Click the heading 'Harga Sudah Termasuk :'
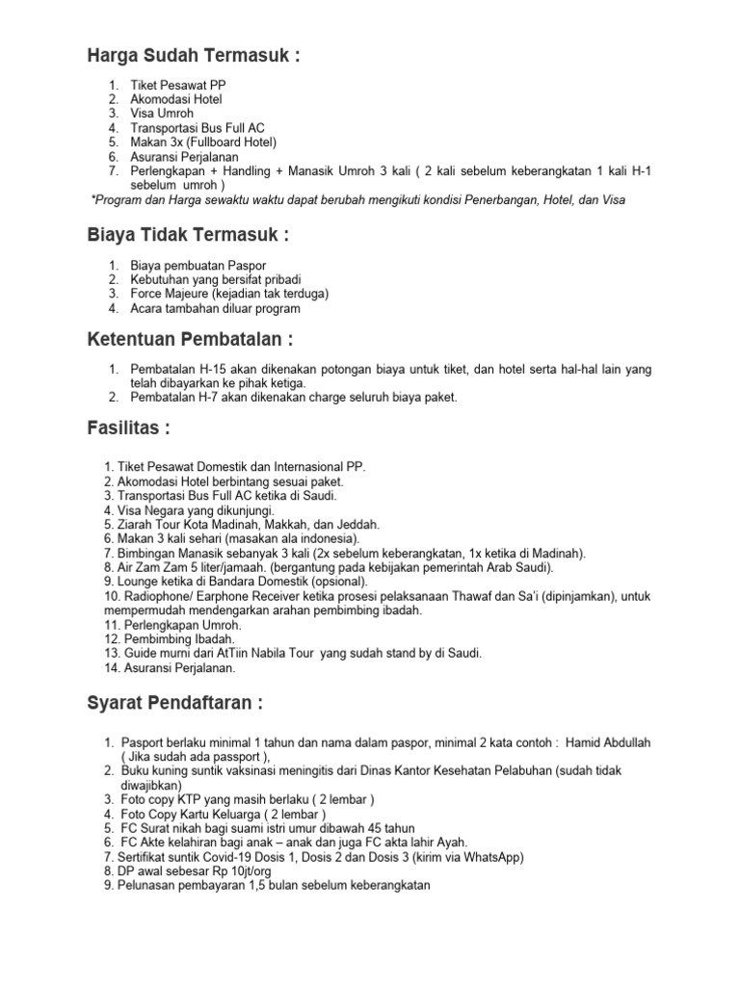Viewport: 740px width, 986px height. (x=193, y=57)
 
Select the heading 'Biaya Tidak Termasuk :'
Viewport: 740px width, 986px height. (x=188, y=235)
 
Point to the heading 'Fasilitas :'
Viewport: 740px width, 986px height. (x=128, y=428)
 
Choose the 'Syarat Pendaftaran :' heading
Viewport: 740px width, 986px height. (x=174, y=703)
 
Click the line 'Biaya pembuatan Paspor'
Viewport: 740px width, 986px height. (x=198, y=265)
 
